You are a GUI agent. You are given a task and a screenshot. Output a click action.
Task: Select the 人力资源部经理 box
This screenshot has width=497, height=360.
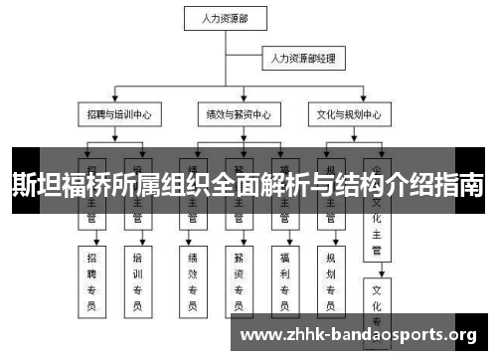pos(302,60)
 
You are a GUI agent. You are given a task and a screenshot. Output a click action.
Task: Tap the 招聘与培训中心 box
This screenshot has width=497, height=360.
pos(118,114)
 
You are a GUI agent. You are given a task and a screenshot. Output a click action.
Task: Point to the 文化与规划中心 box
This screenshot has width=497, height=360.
pos(350,114)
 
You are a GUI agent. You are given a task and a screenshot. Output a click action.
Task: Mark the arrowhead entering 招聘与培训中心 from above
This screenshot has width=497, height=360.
pos(117,102)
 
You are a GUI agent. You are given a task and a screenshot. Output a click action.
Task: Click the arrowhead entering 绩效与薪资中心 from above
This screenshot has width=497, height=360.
pos(238,102)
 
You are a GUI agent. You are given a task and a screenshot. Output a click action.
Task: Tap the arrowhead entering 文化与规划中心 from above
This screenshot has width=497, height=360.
pos(350,102)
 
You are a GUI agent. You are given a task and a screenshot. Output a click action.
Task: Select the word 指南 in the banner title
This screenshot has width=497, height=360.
pos(461,185)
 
